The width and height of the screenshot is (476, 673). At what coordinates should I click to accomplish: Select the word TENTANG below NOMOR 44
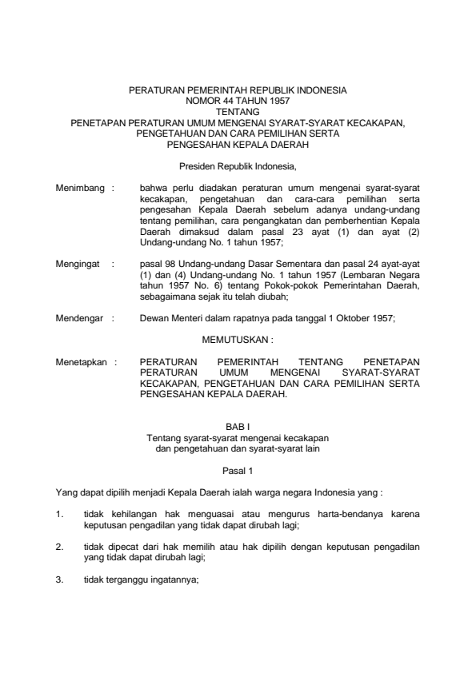238,113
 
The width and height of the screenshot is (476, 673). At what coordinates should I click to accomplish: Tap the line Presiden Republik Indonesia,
238,167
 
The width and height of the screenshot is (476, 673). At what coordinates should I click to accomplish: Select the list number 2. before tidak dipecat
60,548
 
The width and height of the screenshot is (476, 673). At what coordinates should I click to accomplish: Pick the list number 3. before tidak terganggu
60,582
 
